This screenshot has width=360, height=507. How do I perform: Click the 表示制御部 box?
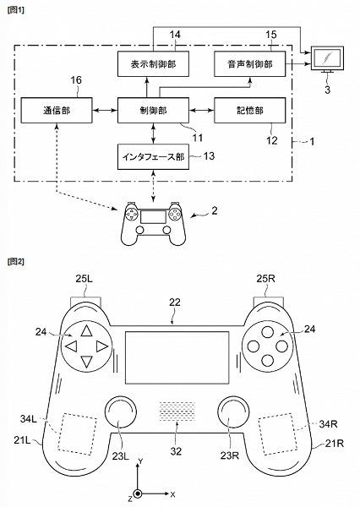click(152, 63)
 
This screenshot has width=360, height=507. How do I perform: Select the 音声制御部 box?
click(250, 63)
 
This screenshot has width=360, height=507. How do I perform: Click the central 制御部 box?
click(152, 110)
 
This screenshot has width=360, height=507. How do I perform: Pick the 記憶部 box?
click(250, 110)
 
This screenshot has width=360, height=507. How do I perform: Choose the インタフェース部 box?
click(152, 156)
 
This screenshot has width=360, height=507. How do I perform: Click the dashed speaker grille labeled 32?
click(179, 411)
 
